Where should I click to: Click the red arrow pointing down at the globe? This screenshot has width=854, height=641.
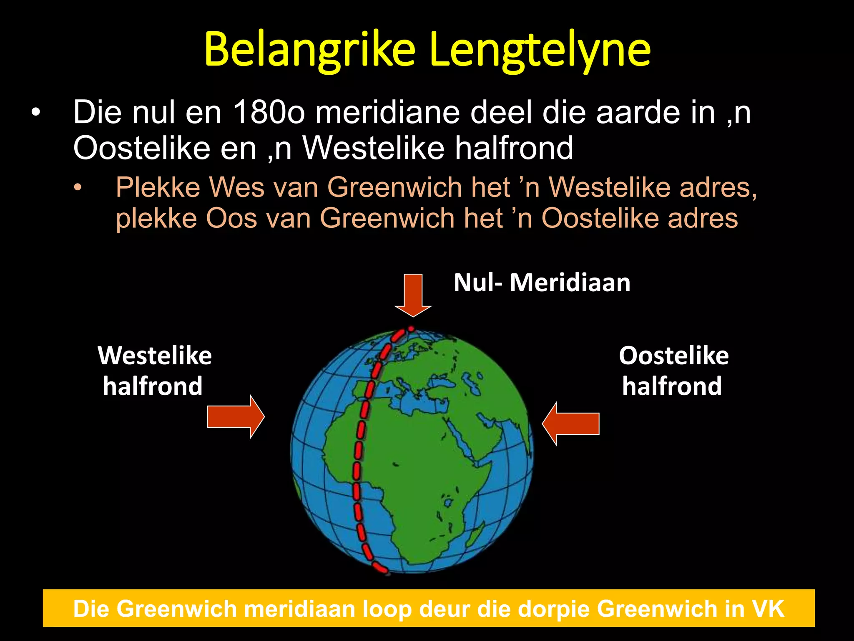tap(413, 295)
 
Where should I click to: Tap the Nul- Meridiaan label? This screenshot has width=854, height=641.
tap(542, 283)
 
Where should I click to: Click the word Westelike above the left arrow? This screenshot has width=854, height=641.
tap(155, 356)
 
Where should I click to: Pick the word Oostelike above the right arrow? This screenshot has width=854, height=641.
tap(673, 356)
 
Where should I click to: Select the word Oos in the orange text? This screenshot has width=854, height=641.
tap(231, 218)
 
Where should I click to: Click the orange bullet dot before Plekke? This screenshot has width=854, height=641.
tap(78, 187)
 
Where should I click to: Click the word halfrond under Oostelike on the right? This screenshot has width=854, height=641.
tap(672, 386)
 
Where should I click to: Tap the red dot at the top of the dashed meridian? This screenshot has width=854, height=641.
tap(411, 329)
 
